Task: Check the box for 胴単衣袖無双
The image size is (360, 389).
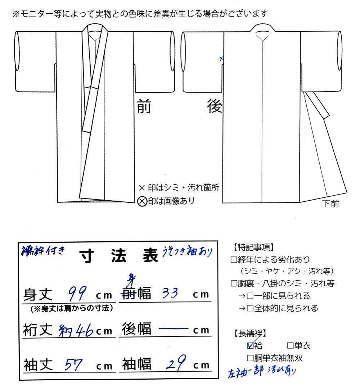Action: pos(250,358)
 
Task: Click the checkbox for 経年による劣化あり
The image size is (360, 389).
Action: pos(233,259)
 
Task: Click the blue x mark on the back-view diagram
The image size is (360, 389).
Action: pos(221,58)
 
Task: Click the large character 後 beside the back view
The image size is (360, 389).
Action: pos(215,107)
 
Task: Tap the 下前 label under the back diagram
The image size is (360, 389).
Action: pos(330,205)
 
